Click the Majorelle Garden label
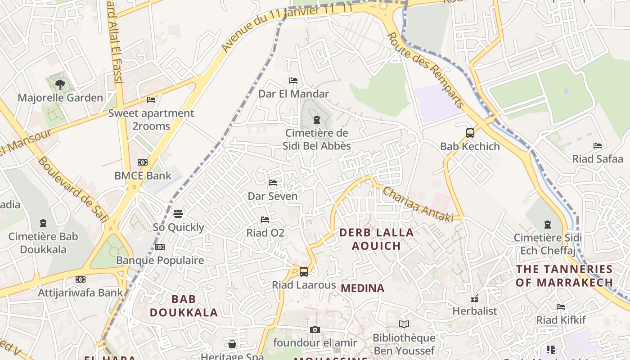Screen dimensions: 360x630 pos(60,98)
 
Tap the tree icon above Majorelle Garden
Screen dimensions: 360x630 pos(60,84)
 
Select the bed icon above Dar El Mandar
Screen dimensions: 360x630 pos(293,81)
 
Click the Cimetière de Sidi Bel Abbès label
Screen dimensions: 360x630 pos(317,139)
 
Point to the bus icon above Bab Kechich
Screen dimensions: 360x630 pos(470,133)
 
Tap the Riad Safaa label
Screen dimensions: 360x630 pos(598,159)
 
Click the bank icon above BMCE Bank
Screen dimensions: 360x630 pos(143,162)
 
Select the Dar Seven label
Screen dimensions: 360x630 pos(273,196)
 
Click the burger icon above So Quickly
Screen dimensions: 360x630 pos(178,214)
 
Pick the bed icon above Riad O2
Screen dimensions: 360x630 pos(265,220)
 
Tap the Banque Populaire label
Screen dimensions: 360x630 pos(160,260)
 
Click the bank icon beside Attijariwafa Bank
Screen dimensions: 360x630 pos(81,279)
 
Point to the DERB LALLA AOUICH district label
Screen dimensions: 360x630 pos(376,239)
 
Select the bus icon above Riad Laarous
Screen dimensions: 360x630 pos(304,271)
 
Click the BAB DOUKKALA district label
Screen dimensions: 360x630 pos(184,306)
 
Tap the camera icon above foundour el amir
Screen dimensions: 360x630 pos(315,330)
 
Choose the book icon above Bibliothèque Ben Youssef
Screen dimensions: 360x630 pos(404,324)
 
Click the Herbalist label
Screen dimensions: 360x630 pos(475,311)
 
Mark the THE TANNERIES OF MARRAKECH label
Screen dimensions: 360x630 pos(564,276)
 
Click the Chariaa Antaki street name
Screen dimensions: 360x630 pos(418,204)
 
